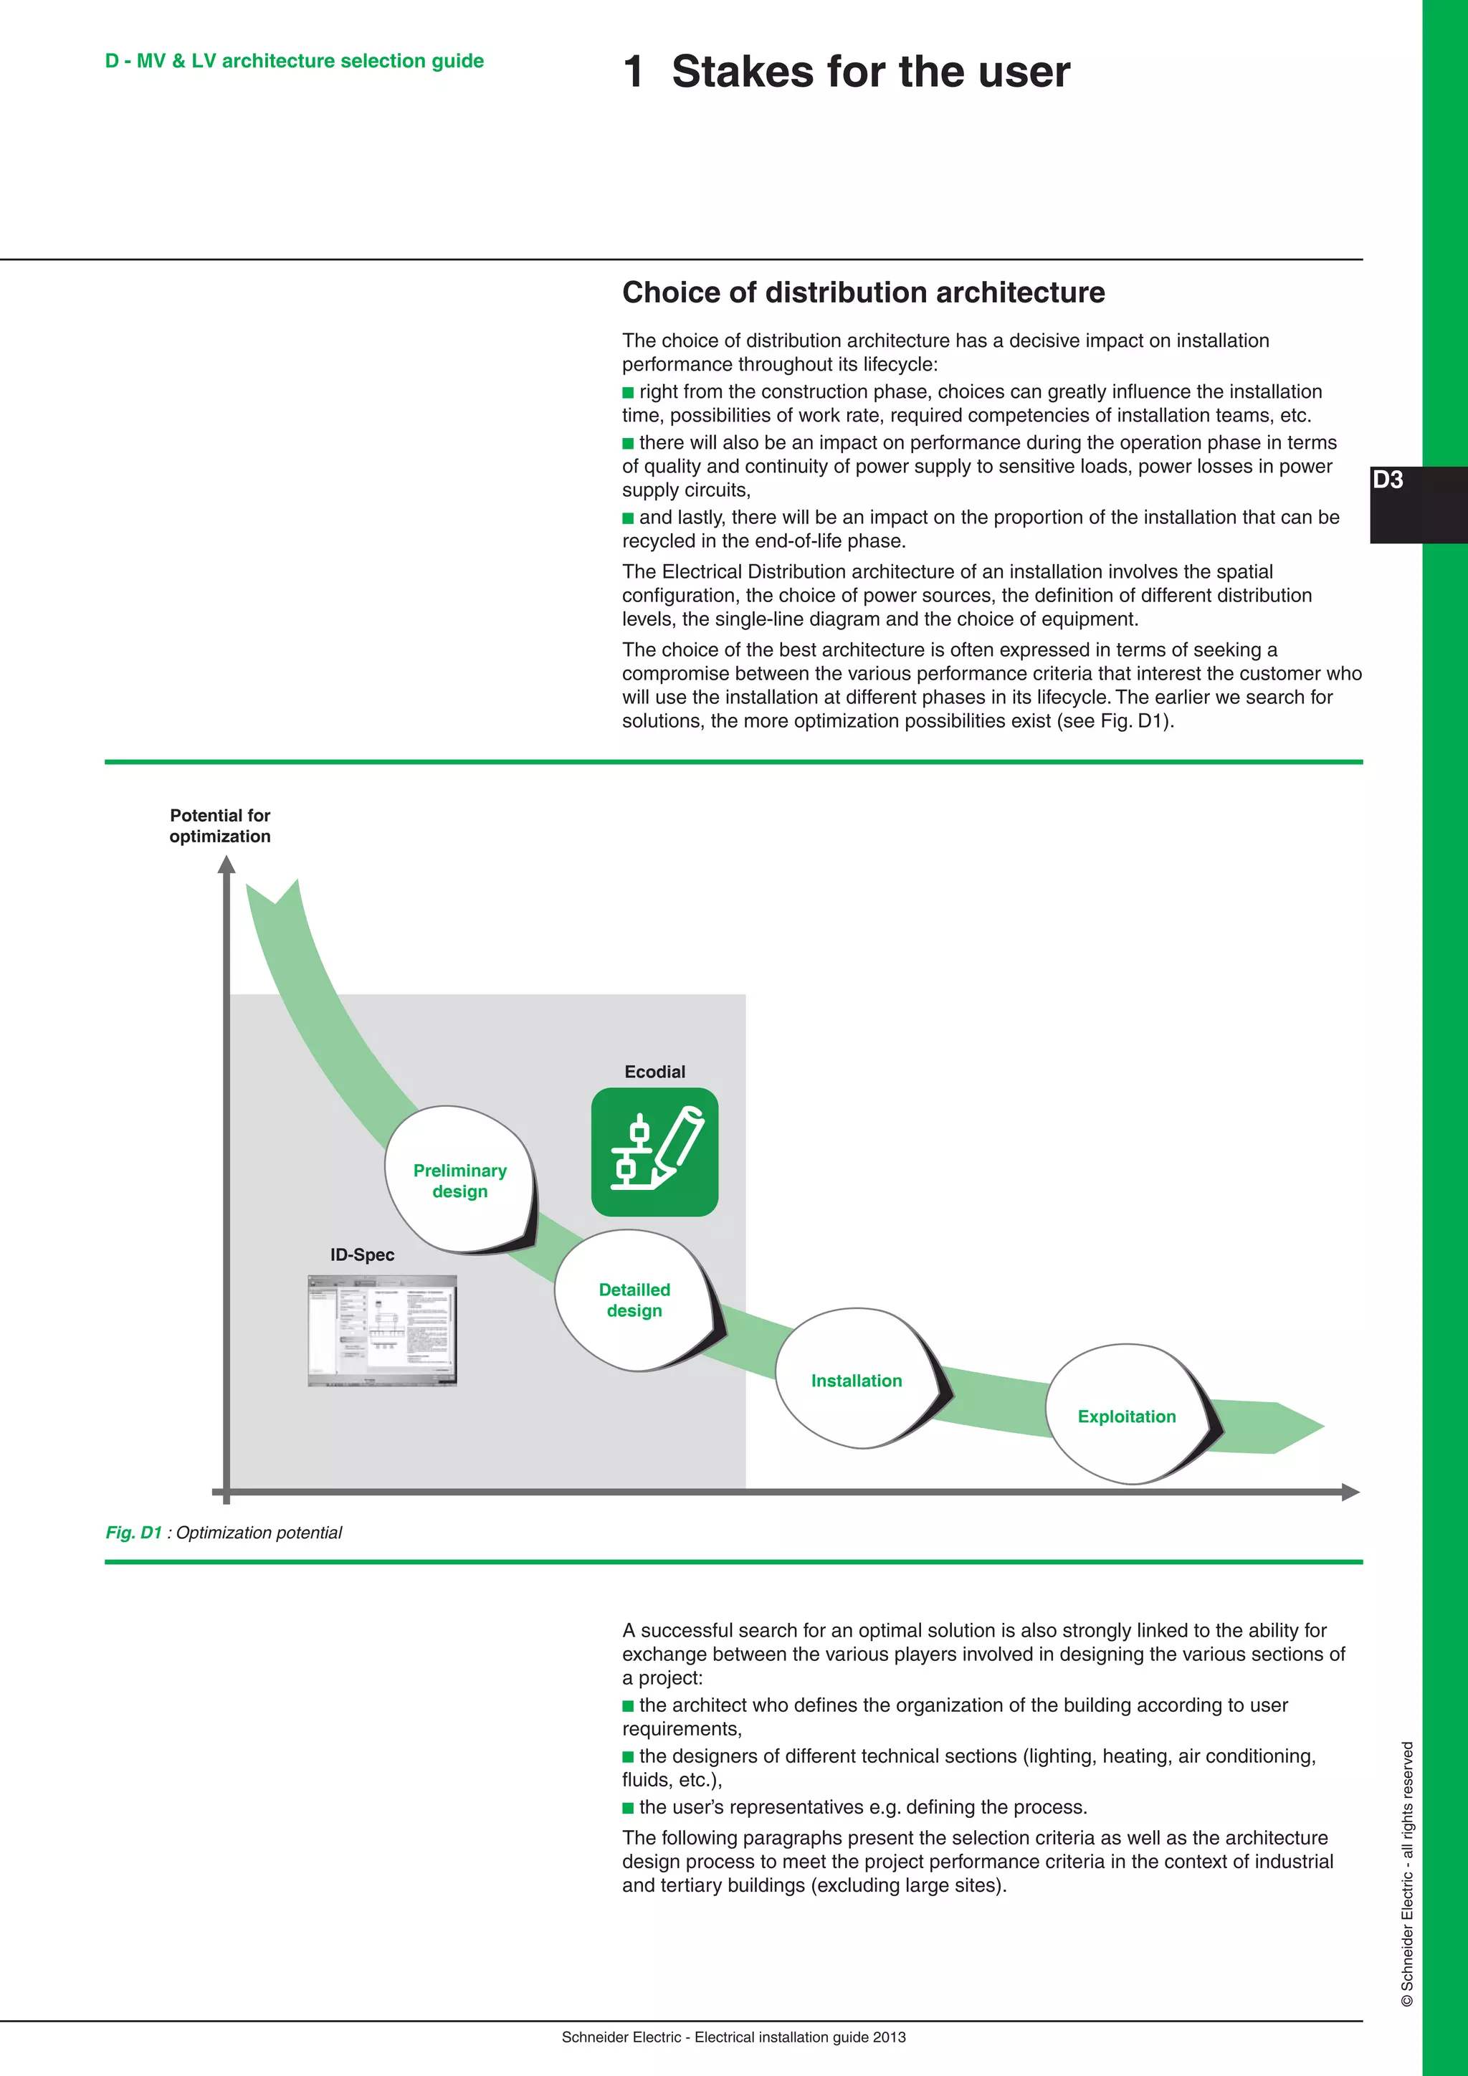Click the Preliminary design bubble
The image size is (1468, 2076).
(x=459, y=1180)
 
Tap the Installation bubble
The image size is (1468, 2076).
(x=856, y=1380)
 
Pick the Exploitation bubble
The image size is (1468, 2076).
(x=1126, y=1416)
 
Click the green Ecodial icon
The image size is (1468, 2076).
(x=654, y=1151)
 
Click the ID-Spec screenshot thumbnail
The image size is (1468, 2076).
(x=382, y=1330)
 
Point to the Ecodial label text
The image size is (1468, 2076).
(x=654, y=1072)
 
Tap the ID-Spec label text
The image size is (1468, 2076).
(x=361, y=1254)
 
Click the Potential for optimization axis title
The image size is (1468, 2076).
(x=219, y=826)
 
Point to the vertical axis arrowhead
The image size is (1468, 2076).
(x=226, y=865)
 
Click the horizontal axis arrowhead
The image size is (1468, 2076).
(x=1350, y=1491)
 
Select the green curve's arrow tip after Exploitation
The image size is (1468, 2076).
(x=1302, y=1427)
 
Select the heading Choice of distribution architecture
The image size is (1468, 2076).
(x=863, y=292)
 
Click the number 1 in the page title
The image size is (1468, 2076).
(x=634, y=72)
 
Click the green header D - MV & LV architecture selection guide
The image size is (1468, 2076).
(x=294, y=61)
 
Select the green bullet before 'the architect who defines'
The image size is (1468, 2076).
(x=628, y=1705)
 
